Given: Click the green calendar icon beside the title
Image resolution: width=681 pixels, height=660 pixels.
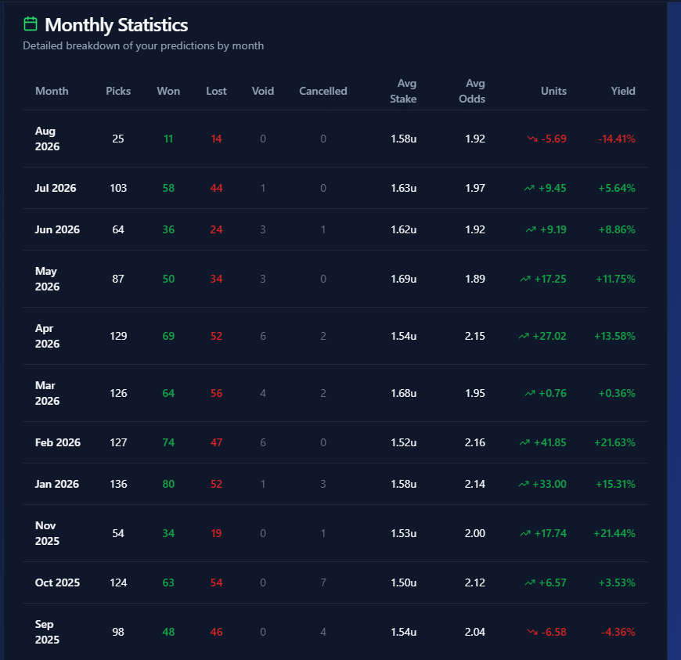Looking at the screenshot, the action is point(30,24).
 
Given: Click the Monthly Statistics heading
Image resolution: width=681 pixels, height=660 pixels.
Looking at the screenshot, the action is point(117,25).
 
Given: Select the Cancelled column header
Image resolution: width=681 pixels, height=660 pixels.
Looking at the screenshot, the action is point(323,91).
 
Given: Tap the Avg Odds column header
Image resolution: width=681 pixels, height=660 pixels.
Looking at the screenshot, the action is point(472,91).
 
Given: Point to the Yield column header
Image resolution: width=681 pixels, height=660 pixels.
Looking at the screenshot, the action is point(623,91).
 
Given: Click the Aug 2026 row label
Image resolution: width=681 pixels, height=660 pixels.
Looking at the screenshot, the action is point(47,139).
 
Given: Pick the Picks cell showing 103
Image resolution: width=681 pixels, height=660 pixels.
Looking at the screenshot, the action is point(118,188).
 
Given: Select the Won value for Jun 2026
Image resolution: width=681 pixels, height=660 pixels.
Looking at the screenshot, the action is point(168,229).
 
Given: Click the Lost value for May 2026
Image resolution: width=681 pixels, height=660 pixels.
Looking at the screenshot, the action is point(216,279).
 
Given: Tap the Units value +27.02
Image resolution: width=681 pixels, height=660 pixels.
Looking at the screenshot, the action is point(549,337).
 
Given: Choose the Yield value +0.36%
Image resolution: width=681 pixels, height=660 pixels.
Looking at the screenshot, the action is point(617,393).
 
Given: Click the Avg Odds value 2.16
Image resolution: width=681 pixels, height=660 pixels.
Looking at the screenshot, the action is point(474,443).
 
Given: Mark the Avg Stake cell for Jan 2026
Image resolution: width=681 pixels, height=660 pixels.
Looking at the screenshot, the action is point(403,484).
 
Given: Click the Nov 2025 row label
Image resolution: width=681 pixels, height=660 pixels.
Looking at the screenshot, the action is point(47,533).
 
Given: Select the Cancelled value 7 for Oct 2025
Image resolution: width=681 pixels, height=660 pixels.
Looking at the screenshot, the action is point(323,582).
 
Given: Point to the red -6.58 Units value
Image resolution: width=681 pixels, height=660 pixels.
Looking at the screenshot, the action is point(553,632).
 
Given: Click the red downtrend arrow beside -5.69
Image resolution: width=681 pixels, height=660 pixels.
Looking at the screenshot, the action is point(532,139).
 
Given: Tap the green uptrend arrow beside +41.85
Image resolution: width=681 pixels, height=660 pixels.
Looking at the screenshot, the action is point(524,443).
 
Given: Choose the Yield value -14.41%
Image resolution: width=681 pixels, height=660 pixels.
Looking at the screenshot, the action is point(617,139).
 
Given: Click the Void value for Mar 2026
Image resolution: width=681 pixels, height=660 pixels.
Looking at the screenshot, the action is point(263,393).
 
